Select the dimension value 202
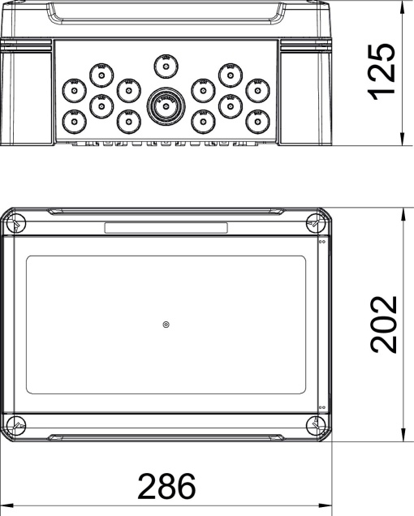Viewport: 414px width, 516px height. pyautogui.click(x=382, y=325)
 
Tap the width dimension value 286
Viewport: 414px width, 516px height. pyautogui.click(x=166, y=487)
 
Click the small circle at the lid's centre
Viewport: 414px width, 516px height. pyautogui.click(x=166, y=325)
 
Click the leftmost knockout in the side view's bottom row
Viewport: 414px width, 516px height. pyautogui.click(x=74, y=122)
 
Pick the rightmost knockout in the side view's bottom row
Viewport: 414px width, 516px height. pyautogui.click(x=257, y=122)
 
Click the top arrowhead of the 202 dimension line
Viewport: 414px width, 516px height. pyautogui.click(x=403, y=213)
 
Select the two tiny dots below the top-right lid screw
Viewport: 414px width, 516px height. pyautogui.click(x=322, y=240)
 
